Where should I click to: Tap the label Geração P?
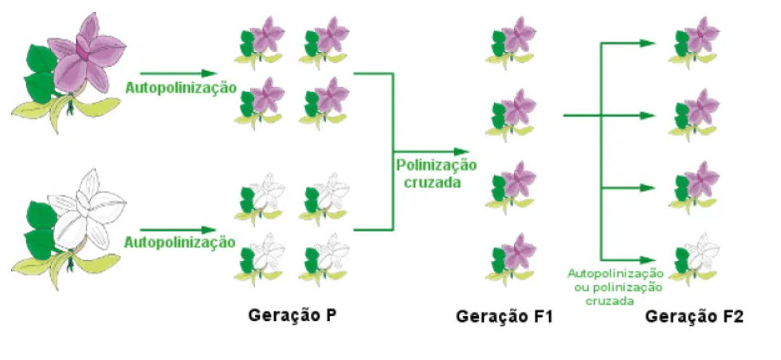[x=292, y=315]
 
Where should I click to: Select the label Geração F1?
[x=504, y=316]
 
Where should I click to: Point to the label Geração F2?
[x=694, y=316]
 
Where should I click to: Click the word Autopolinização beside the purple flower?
[x=181, y=88]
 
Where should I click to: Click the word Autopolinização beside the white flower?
[x=181, y=242]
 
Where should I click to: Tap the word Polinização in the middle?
[x=436, y=166]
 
